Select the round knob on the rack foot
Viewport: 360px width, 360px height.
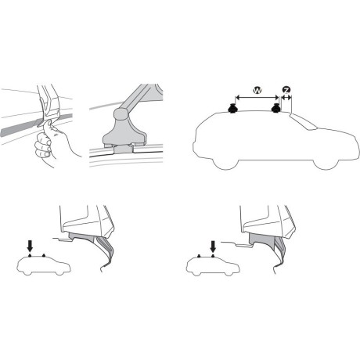122,118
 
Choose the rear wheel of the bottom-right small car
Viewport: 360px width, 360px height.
198,273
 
